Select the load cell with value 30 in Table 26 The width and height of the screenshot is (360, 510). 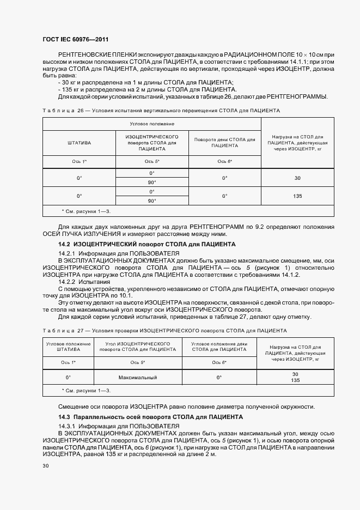click(297, 178)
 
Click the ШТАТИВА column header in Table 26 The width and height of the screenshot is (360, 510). click(80, 143)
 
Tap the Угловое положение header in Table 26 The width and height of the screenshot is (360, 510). click(152, 124)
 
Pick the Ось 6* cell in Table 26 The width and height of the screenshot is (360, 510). click(224, 161)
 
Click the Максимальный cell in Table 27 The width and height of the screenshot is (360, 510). click(137, 377)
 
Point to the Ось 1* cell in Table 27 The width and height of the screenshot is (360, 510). click(69, 362)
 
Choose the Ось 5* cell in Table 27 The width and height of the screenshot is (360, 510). click(137, 362)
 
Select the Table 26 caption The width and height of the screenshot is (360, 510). click(161, 111)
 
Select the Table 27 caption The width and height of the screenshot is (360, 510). click(164, 330)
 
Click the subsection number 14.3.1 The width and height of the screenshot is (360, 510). click(68, 425)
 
